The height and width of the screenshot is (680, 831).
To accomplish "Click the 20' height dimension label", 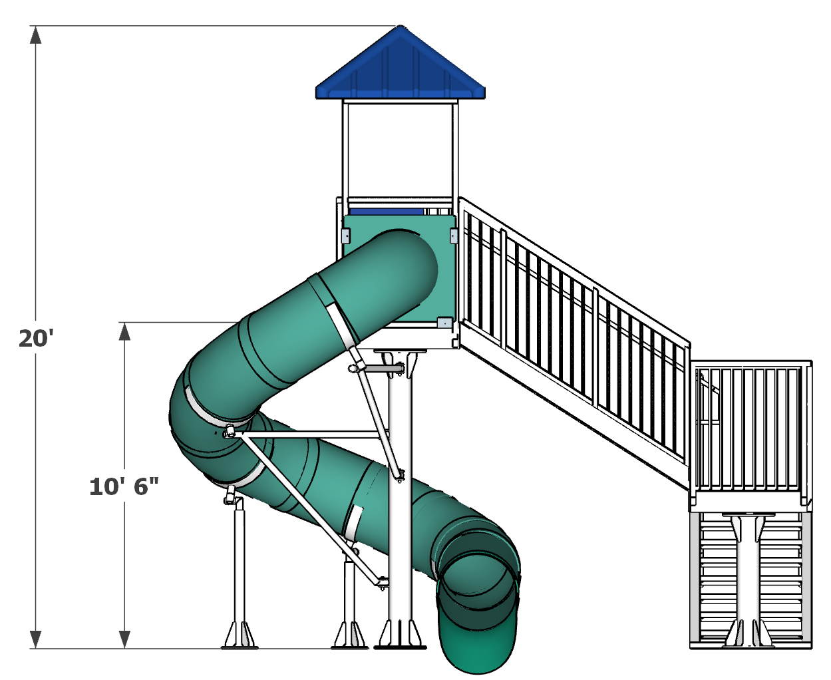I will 36,339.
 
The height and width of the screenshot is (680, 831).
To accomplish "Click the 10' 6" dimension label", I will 124,487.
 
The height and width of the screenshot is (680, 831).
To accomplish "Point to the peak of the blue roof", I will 401,27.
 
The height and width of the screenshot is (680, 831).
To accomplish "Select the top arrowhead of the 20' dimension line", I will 36,35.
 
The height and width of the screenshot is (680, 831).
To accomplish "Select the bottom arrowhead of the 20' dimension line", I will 36,639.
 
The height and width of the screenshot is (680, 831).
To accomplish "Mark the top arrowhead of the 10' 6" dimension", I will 124,331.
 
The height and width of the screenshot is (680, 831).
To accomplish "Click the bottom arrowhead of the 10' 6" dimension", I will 124,639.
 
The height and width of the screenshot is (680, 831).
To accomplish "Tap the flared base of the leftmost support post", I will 240,635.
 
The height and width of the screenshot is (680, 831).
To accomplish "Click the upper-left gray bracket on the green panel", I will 346,235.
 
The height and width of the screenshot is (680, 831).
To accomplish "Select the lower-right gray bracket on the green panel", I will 444,323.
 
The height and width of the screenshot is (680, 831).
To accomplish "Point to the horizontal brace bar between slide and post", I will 313,434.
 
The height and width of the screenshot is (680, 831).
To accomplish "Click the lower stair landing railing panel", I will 750,429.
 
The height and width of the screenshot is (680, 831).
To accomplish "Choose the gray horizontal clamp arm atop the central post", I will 384,368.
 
